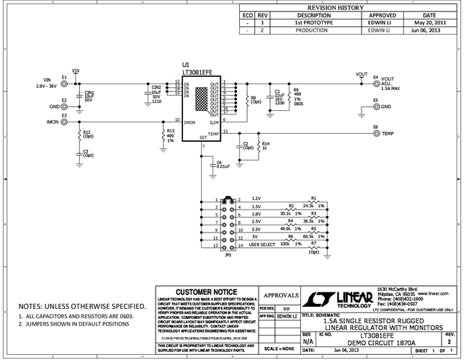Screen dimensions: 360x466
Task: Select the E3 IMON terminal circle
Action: pos(65,122)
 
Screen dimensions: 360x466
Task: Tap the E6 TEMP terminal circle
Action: pos(376,133)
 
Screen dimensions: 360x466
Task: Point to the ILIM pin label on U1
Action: pos(214,122)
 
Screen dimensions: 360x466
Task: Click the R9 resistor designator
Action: pos(295,89)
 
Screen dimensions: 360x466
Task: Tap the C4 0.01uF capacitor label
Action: pos(223,166)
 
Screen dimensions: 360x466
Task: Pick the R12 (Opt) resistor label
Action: pos(88,134)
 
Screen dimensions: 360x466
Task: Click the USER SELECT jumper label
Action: pos(263,245)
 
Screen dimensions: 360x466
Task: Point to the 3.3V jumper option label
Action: pos(256,229)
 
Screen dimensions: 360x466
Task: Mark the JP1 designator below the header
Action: pos(228,256)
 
